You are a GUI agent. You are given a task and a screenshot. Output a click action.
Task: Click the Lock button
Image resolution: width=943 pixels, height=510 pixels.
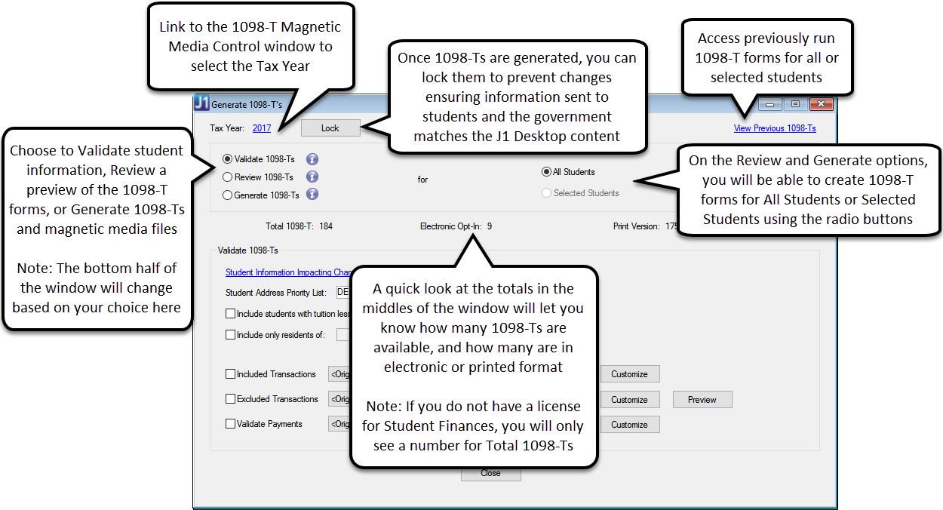pyautogui.click(x=330, y=128)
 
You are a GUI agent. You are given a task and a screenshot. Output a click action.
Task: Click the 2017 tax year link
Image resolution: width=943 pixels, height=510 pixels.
pyautogui.click(x=262, y=128)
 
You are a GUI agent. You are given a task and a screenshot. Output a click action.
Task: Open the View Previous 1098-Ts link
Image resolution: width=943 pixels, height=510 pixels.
pyautogui.click(x=775, y=128)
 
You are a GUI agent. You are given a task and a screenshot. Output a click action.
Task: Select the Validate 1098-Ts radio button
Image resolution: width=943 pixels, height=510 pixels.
pyautogui.click(x=228, y=159)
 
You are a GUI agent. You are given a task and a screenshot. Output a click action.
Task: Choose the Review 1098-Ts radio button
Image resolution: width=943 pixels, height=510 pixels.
pyautogui.click(x=228, y=177)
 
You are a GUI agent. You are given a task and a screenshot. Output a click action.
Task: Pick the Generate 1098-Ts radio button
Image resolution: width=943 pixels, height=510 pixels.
pyautogui.click(x=228, y=195)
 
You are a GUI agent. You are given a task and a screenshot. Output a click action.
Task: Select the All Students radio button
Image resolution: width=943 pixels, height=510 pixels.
pyautogui.click(x=547, y=172)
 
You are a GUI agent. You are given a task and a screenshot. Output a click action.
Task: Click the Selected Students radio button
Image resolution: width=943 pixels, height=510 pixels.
pyautogui.click(x=547, y=193)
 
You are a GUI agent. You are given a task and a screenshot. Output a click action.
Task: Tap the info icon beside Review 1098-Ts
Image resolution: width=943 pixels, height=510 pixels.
pyautogui.click(x=312, y=177)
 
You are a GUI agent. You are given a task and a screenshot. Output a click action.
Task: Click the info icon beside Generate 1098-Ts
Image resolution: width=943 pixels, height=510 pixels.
pyautogui.click(x=312, y=195)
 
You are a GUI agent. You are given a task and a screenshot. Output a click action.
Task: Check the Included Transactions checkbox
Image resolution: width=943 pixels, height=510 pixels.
pyautogui.click(x=231, y=374)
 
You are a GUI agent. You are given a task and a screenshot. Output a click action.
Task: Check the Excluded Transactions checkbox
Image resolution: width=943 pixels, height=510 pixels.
pyautogui.click(x=231, y=399)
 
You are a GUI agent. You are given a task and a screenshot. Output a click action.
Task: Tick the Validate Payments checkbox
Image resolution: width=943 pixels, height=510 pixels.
pyautogui.click(x=231, y=424)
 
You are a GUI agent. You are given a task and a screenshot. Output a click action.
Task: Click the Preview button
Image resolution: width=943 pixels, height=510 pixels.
pyautogui.click(x=702, y=400)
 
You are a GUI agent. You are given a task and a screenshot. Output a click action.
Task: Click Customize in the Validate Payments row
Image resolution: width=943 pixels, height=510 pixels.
pyautogui.click(x=629, y=425)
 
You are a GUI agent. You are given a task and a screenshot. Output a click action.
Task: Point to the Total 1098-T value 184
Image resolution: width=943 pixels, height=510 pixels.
pyautogui.click(x=326, y=226)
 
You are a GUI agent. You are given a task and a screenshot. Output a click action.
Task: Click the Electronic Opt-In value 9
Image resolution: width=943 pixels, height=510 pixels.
pyautogui.click(x=490, y=226)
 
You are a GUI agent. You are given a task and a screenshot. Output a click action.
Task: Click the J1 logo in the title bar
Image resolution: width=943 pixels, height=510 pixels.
pyautogui.click(x=201, y=104)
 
